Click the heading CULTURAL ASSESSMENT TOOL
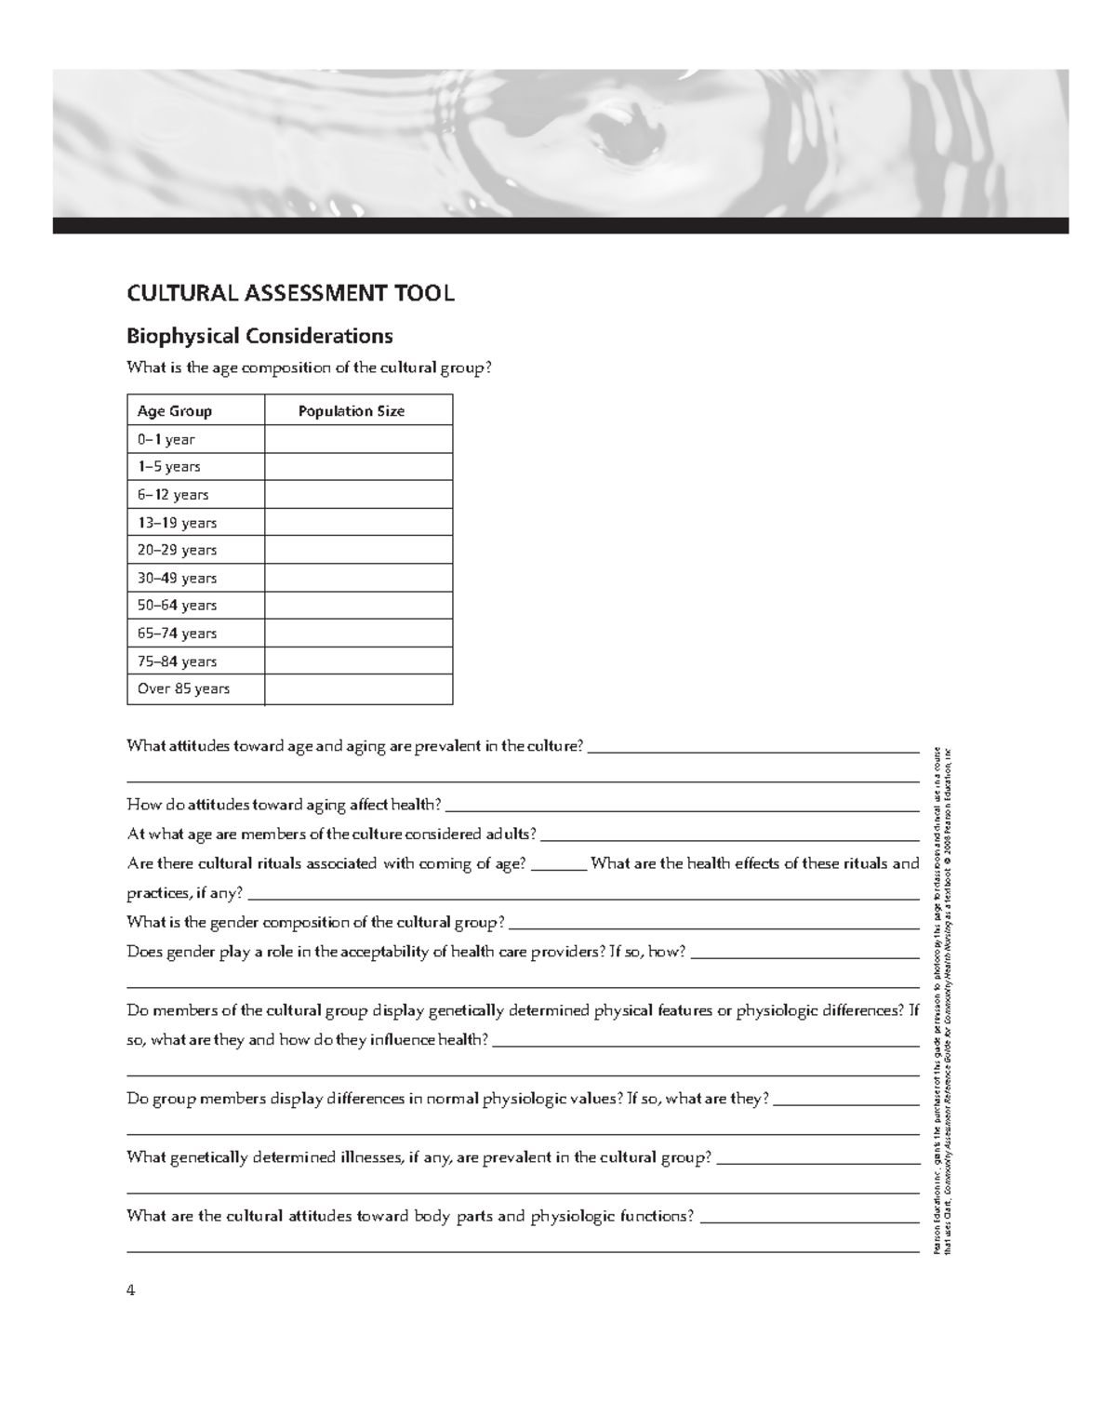click(x=290, y=294)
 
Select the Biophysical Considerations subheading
click(x=259, y=335)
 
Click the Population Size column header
click(x=351, y=411)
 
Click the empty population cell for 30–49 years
click(x=358, y=578)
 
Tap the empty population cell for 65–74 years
click(x=358, y=634)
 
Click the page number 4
click(x=131, y=1290)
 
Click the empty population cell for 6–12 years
click(x=358, y=495)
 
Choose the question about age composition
click(x=307, y=367)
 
